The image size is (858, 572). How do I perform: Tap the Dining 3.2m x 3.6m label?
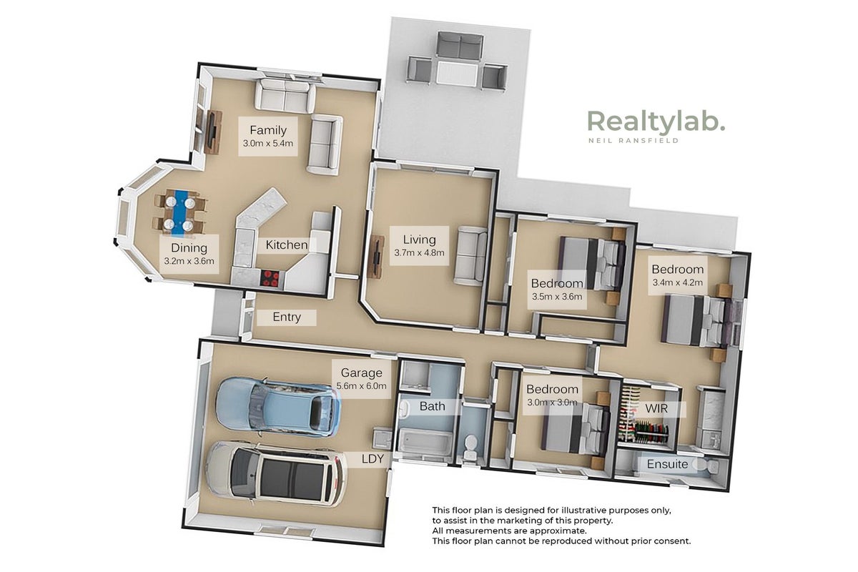coord(189,254)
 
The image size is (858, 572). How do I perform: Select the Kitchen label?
coord(287,245)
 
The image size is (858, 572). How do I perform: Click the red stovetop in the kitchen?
coord(271,279)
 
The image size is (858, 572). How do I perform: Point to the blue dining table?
coord(179,212)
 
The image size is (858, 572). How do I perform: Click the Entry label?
coord(287,317)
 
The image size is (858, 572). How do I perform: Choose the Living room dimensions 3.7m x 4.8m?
coord(419,253)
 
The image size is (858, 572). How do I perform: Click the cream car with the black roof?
coord(277,474)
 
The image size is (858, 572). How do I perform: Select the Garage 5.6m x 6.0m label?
coord(362,379)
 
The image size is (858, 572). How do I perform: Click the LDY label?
coord(373,458)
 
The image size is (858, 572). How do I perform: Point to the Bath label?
coord(432,406)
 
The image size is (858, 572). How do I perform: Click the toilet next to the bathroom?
coord(470,446)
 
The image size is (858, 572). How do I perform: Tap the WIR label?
coord(656,409)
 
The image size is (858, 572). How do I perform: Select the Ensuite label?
coord(667,464)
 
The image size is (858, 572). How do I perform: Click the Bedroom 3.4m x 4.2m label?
coord(678,275)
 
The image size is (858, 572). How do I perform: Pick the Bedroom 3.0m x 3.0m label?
coord(552,395)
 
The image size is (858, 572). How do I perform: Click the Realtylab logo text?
coord(656,122)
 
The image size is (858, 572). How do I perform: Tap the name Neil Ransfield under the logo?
coord(633,141)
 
